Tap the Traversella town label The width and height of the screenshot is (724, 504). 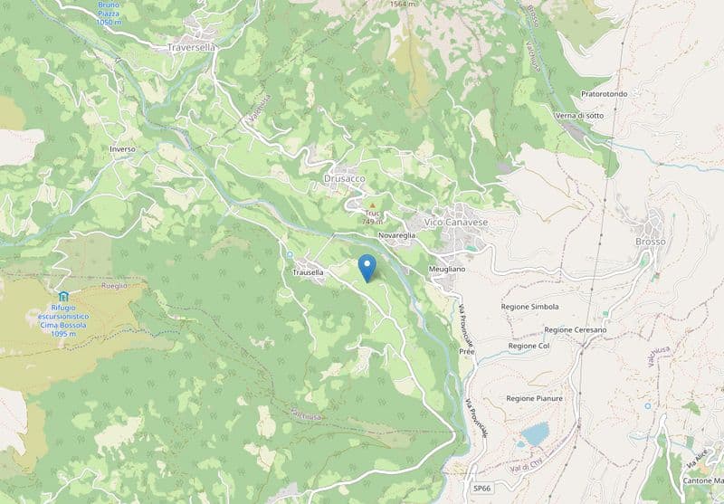(x=190, y=47)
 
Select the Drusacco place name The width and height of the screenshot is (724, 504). (x=344, y=179)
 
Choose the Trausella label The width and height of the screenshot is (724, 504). (x=308, y=272)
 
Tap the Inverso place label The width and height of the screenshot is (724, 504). (x=121, y=148)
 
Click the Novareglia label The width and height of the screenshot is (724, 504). (x=397, y=235)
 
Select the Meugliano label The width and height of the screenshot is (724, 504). (x=446, y=270)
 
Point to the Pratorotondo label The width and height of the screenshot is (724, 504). (x=610, y=94)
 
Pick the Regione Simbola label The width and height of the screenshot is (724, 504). (x=529, y=307)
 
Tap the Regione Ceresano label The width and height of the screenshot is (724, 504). (x=575, y=330)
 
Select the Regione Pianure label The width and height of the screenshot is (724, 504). (x=534, y=398)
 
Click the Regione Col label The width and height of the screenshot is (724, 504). (x=529, y=347)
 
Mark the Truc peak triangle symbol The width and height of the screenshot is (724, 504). (x=372, y=206)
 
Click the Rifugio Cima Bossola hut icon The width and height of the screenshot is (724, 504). (x=62, y=297)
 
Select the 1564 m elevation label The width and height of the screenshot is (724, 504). (x=405, y=5)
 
